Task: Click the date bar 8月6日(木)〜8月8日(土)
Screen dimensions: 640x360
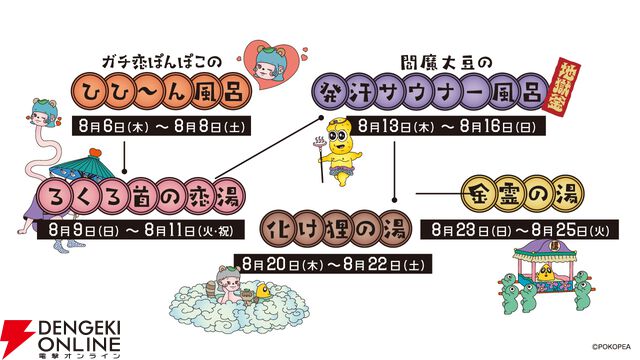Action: pyautogui.click(x=161, y=127)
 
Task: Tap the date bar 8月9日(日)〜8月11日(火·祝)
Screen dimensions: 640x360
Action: pyautogui.click(x=141, y=230)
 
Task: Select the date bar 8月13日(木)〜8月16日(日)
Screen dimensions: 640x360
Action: pyautogui.click(x=446, y=126)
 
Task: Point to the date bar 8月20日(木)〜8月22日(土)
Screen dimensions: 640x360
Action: pyautogui.click(x=333, y=264)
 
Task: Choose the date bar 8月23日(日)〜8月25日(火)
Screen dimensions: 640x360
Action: pyautogui.click(x=520, y=230)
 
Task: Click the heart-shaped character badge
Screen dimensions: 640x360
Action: pyautogui.click(x=273, y=64)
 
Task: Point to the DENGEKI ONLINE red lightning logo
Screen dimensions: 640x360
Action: pyautogui.click(x=16, y=336)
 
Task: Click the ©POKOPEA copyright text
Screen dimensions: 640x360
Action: pyautogui.click(x=611, y=347)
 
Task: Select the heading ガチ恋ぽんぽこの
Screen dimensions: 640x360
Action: pyautogui.click(x=161, y=63)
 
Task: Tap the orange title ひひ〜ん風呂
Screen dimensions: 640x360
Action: pyautogui.click(x=161, y=91)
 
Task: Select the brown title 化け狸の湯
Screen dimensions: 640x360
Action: pyautogui.click(x=334, y=229)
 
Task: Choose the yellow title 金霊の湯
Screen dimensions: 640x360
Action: pyautogui.click(x=523, y=194)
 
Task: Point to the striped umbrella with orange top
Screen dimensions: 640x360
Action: pyautogui.click(x=82, y=164)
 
